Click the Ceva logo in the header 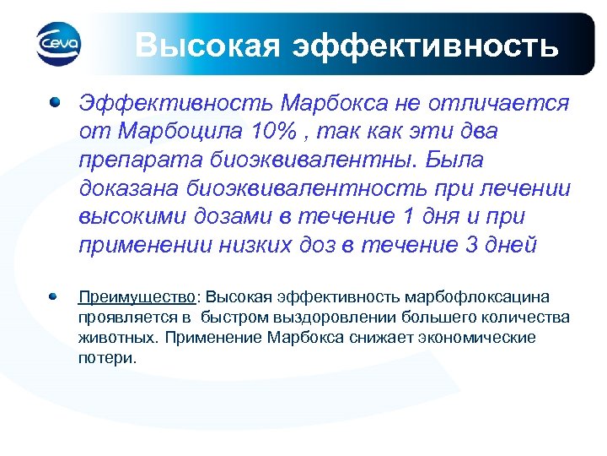point(58,42)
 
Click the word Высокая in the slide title point(206,44)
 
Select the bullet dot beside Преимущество point(54,297)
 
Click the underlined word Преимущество point(137,298)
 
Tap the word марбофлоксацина point(477,298)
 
